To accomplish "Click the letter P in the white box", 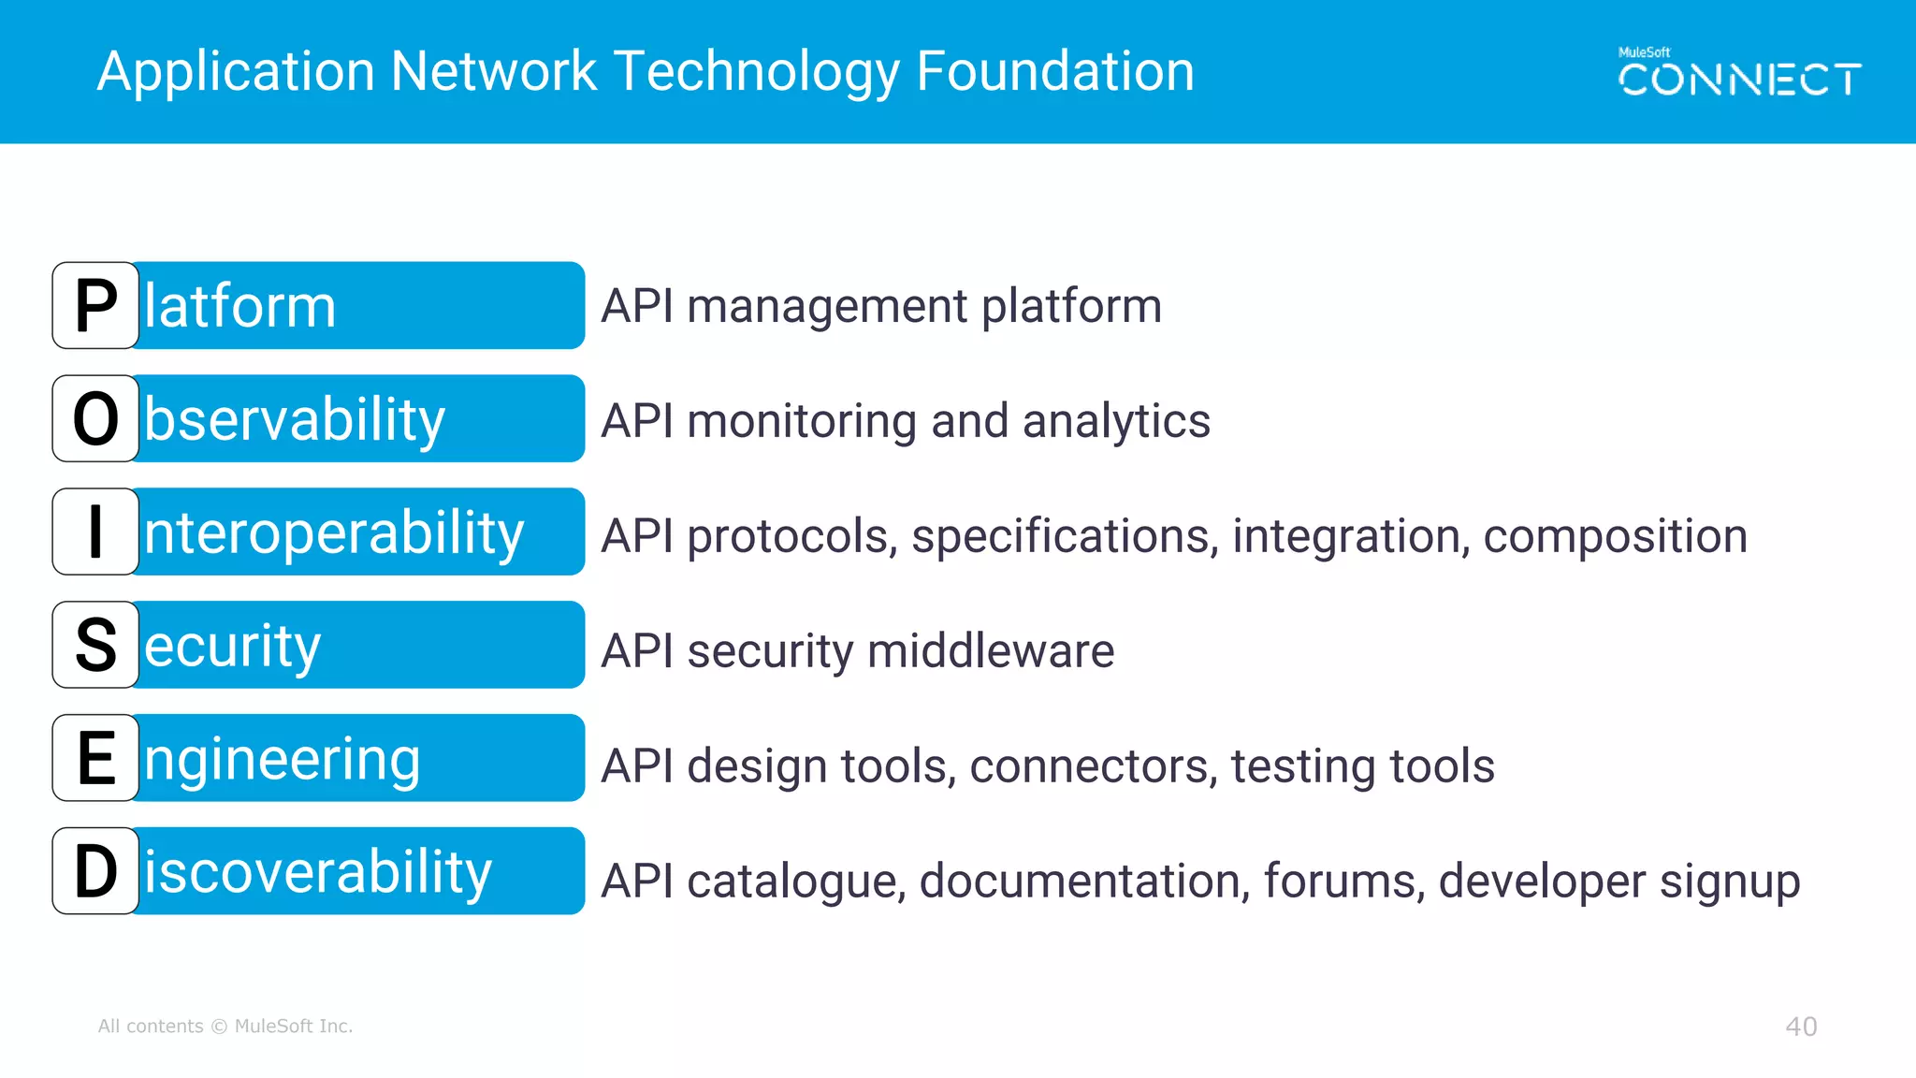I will click(x=95, y=306).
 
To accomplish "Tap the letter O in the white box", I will click(x=95, y=419).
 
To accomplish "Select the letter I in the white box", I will click(x=95, y=532).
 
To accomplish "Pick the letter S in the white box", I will click(x=95, y=646).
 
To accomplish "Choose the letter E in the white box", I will click(x=95, y=759).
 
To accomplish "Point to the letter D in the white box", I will click(x=95, y=872).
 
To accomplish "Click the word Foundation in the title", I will click(x=1054, y=71).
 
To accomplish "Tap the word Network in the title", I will click(x=493, y=71).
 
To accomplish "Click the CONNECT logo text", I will click(x=1739, y=80).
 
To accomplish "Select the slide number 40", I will click(x=1801, y=1027).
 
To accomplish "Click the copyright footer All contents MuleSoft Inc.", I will click(x=225, y=1027).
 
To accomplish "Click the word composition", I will click(x=1615, y=537).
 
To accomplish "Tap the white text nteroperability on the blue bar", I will click(x=333, y=533).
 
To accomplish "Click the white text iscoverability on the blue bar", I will click(x=317, y=873).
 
